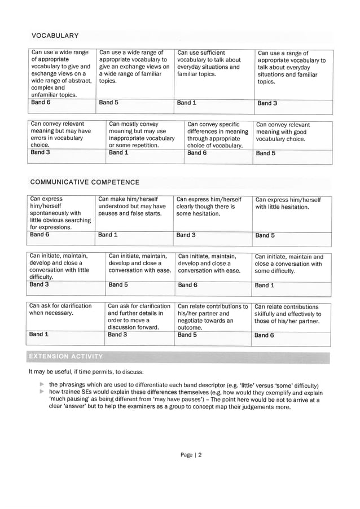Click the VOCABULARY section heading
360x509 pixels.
coord(55,36)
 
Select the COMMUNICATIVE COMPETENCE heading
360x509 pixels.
coord(84,182)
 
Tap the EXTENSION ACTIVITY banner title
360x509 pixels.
coord(66,357)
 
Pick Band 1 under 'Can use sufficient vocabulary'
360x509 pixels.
coord(186,103)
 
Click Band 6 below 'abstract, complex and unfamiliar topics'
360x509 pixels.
coord(41,103)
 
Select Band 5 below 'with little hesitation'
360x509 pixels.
coord(265,235)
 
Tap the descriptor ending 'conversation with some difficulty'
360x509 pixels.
coord(288,264)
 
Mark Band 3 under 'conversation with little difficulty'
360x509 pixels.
coord(39,285)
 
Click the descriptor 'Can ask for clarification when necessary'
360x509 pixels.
coord(60,309)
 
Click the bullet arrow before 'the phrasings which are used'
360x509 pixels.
coord(41,384)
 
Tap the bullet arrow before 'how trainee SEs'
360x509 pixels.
coord(41,392)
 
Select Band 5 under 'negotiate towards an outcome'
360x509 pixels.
coord(187,335)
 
